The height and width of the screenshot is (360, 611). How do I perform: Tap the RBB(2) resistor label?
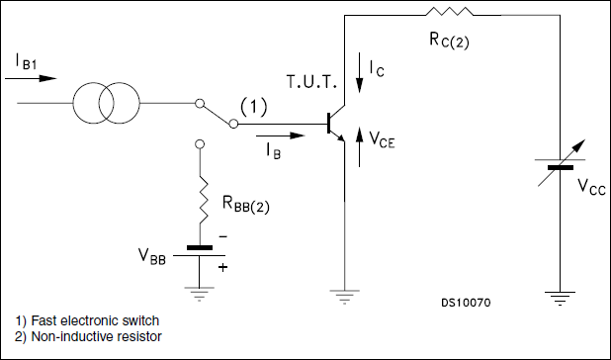(253, 207)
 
